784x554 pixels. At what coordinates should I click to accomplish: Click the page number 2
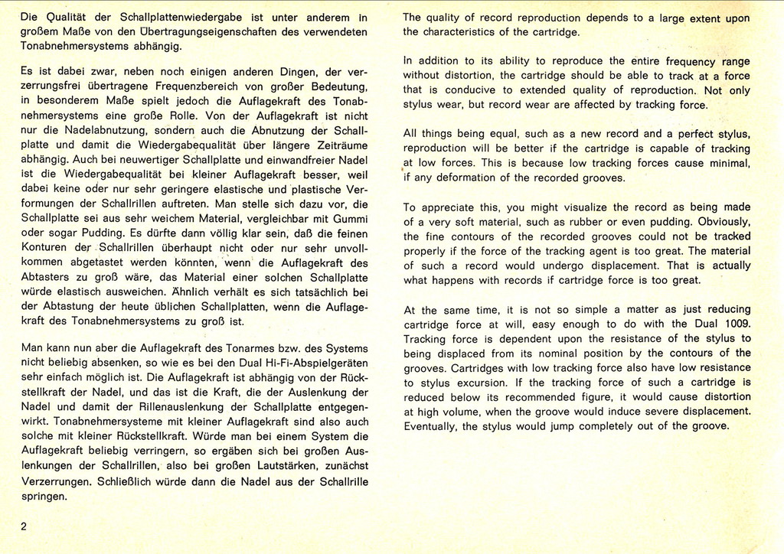24,526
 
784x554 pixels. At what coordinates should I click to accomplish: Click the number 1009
733,324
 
